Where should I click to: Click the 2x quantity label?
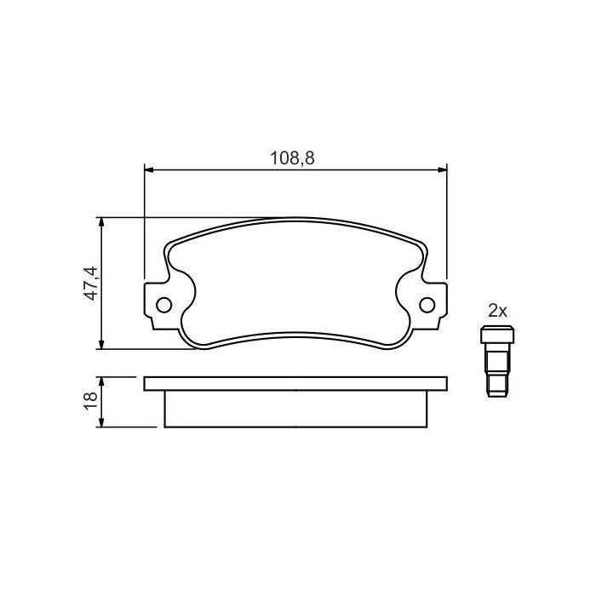tap(497, 312)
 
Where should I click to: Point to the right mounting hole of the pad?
tap(427, 304)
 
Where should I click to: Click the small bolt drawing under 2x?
tap(493, 362)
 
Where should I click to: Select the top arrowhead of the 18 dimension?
tap(103, 381)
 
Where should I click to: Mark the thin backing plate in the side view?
tap(295, 383)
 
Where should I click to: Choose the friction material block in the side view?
tap(295, 409)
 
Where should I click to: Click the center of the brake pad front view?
tap(295, 285)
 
